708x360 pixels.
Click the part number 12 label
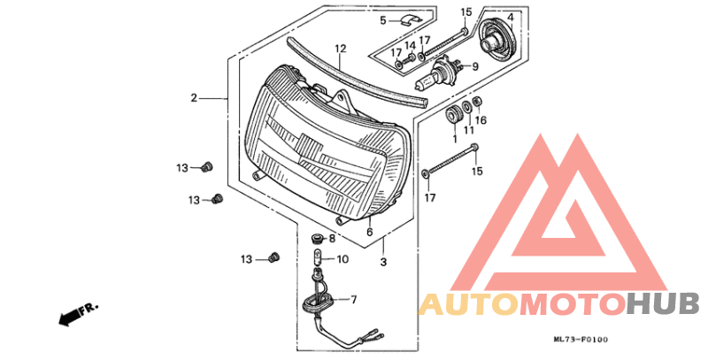tap(341, 49)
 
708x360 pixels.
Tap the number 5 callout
tap(383, 20)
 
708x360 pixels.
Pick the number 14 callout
tap(410, 46)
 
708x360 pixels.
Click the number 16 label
tap(481, 120)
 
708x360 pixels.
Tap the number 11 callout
tap(469, 130)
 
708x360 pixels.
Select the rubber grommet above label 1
tap(452, 115)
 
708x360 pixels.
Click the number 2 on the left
tap(194, 98)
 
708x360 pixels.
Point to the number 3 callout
tap(383, 262)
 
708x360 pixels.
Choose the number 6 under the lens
tap(370, 233)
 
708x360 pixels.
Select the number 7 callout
tap(353, 300)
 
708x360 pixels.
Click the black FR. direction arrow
tap(69, 318)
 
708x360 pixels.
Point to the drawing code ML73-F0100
tap(581, 340)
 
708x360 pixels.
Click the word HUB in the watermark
tap(663, 303)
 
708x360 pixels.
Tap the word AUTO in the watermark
tap(468, 303)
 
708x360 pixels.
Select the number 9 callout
tap(475, 66)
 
